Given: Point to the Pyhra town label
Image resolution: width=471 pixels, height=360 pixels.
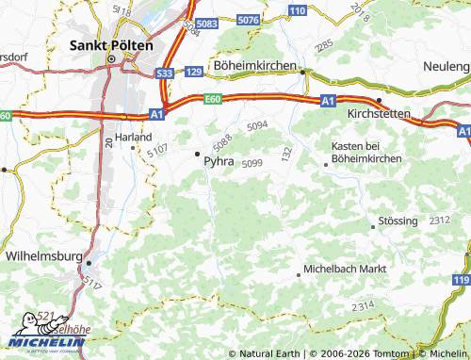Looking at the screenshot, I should pos(219,161).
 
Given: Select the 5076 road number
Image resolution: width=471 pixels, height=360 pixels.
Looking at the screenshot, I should pos(249,19).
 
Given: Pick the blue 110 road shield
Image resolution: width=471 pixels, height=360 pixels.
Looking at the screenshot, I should pos(298,10).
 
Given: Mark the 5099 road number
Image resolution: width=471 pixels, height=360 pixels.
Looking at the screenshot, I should pos(252,164).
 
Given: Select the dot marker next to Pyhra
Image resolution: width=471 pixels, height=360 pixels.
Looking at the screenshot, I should pos(197,153).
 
